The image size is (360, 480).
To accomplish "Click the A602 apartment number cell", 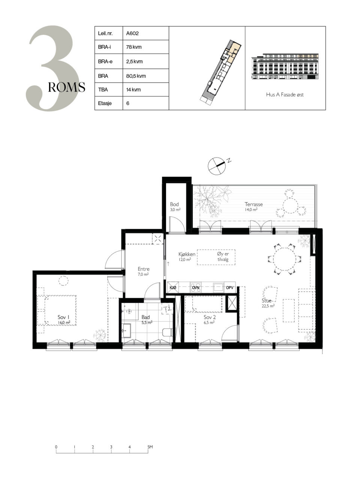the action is [145, 33].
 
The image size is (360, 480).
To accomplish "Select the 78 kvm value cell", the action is [145, 47].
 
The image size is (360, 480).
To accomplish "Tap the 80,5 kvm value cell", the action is [145, 76].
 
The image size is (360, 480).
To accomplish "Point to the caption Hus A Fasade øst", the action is [285, 95].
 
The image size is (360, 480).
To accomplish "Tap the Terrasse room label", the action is [253, 204].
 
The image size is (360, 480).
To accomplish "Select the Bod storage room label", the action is [174, 204].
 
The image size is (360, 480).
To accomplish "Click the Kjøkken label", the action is [187, 254].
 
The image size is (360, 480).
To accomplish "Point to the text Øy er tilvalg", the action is [223, 256].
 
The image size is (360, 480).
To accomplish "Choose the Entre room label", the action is [144, 269].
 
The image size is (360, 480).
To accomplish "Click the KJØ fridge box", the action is [173, 288].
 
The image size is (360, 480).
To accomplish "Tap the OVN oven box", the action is [196, 288].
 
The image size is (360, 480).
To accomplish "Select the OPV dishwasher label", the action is [229, 288].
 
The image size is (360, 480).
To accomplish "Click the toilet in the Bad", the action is [168, 333].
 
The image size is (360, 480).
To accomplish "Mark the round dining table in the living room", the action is [284, 259].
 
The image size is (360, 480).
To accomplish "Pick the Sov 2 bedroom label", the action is [210, 317].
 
